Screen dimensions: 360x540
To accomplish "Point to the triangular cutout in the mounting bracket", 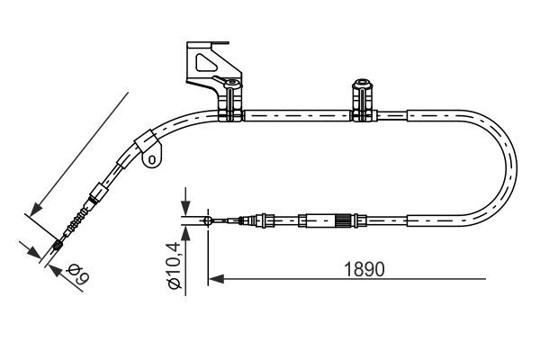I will [205, 62].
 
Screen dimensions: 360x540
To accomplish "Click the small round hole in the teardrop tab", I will [153, 161].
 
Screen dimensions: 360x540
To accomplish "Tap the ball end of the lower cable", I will [208, 219].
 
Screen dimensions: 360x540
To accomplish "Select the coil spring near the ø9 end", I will [79, 219].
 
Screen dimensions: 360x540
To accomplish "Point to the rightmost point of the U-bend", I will [520, 166].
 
